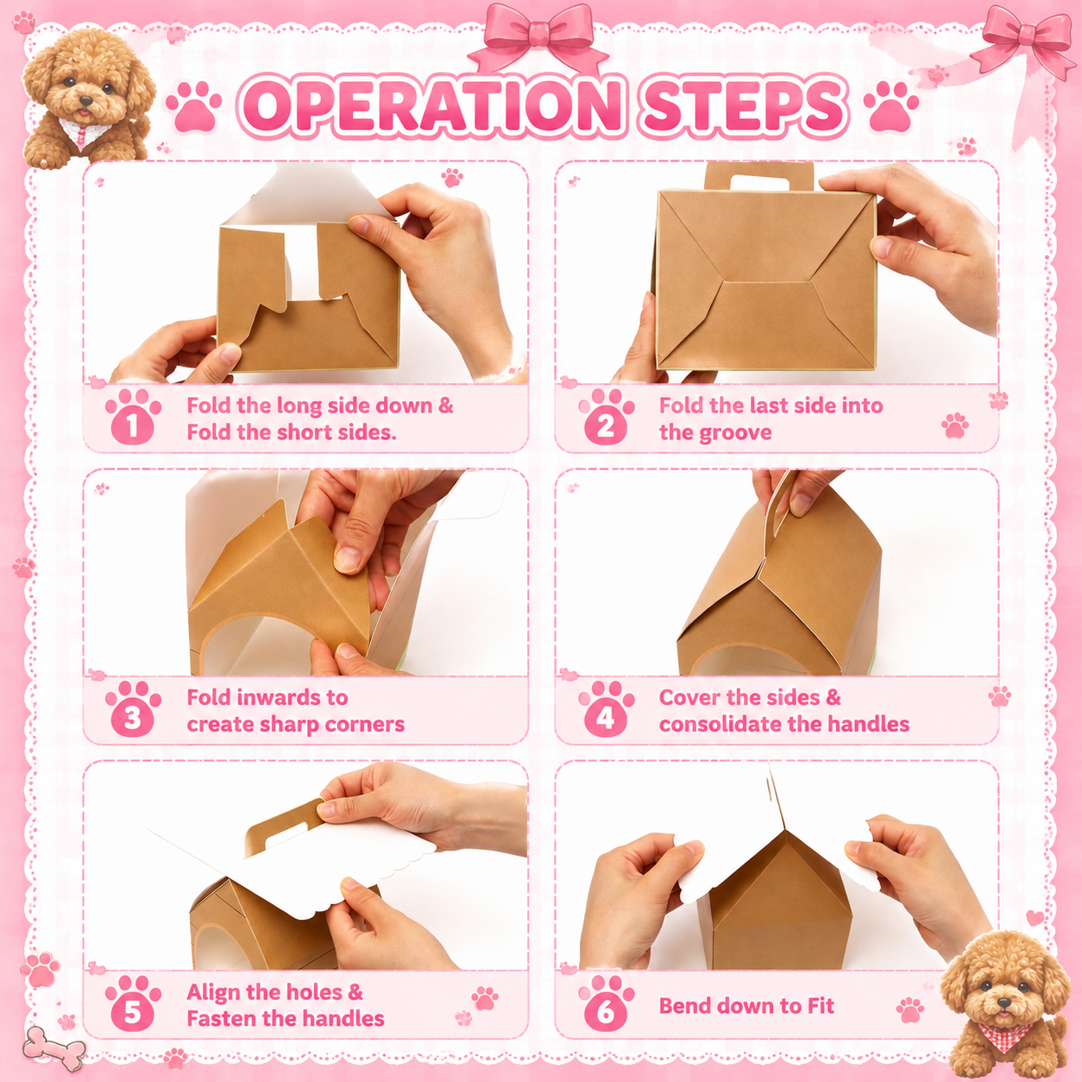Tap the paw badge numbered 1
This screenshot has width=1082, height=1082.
(x=133, y=417)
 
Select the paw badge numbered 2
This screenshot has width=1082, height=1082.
(x=606, y=417)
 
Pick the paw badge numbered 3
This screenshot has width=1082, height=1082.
(x=133, y=708)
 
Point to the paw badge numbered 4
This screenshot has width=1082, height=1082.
(x=606, y=708)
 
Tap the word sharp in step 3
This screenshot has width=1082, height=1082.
(x=290, y=725)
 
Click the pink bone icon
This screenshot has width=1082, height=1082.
(x=53, y=1047)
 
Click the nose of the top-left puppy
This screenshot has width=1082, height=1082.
(x=85, y=101)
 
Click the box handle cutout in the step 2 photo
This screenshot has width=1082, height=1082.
(x=758, y=181)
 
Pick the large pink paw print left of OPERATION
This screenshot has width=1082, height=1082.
(x=194, y=107)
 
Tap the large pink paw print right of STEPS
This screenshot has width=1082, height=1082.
(x=891, y=107)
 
